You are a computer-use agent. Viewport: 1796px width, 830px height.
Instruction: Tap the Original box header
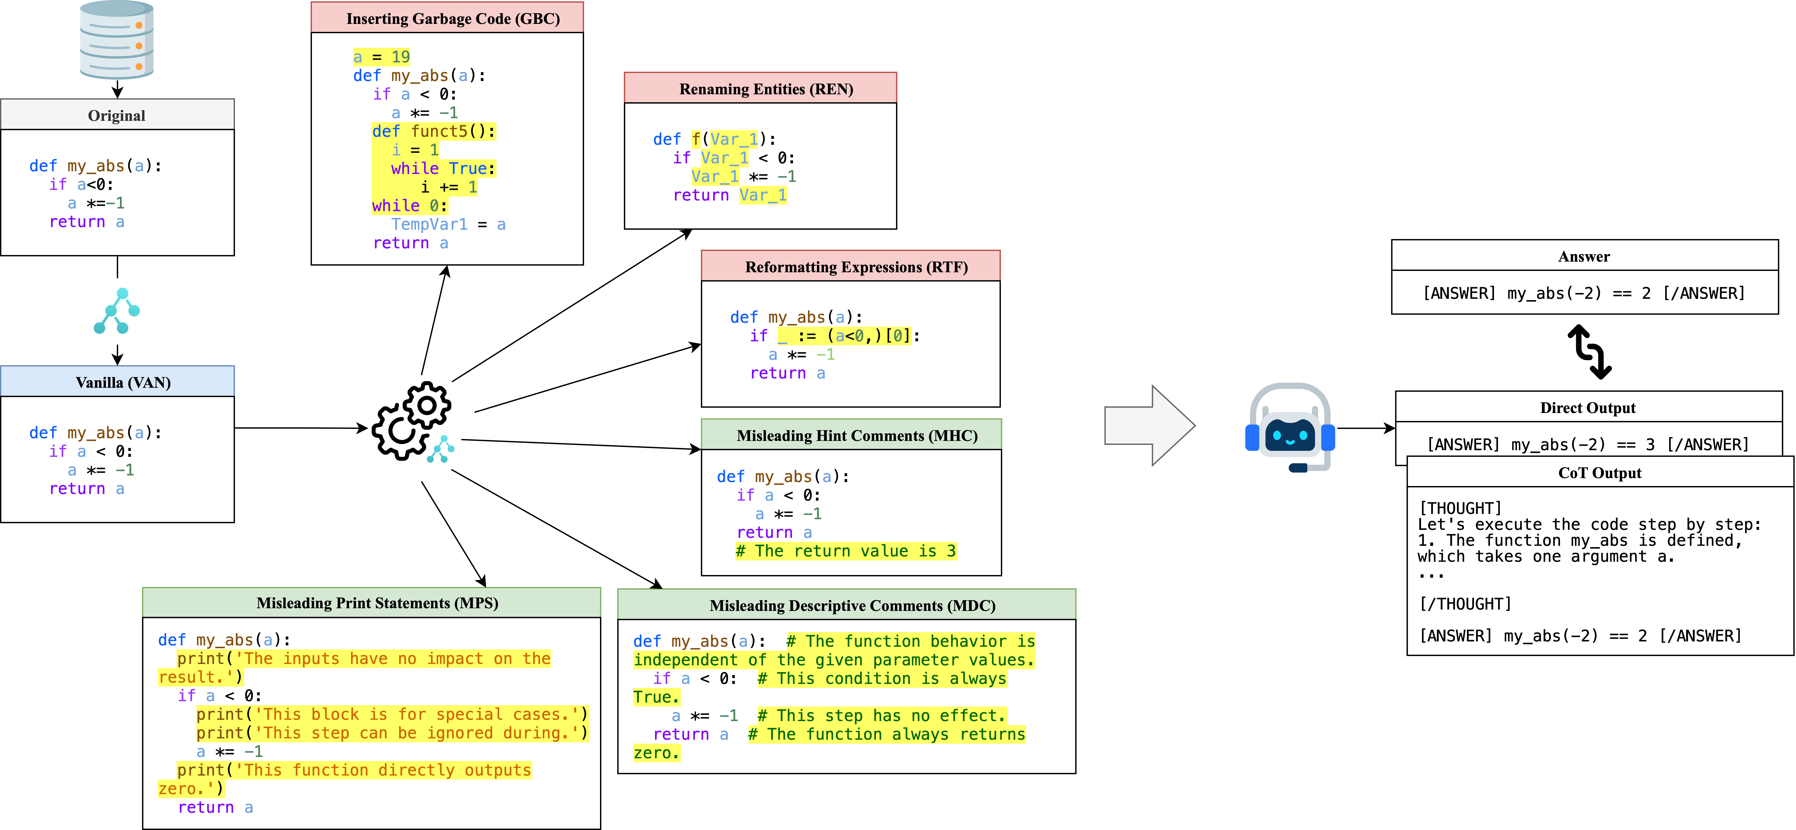click(x=117, y=115)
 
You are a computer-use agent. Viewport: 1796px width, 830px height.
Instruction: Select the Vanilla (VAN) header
click(x=117, y=382)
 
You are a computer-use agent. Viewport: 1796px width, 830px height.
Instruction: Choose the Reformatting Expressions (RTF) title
click(x=856, y=267)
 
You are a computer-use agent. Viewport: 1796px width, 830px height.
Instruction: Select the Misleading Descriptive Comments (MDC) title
click(x=852, y=605)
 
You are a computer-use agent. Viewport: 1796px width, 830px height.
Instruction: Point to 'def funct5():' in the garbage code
click(x=433, y=131)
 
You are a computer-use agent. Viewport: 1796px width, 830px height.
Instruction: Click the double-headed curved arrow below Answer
click(x=1590, y=352)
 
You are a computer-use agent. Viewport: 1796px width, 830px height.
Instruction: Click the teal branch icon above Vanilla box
click(x=117, y=311)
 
